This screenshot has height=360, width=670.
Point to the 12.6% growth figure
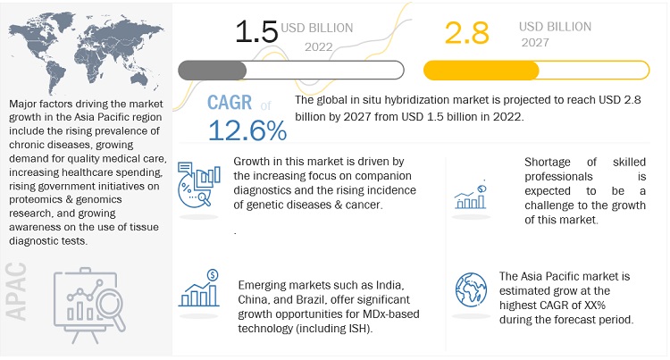[247, 130]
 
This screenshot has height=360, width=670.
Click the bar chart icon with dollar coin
[202, 289]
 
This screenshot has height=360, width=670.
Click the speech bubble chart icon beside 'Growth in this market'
[198, 182]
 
